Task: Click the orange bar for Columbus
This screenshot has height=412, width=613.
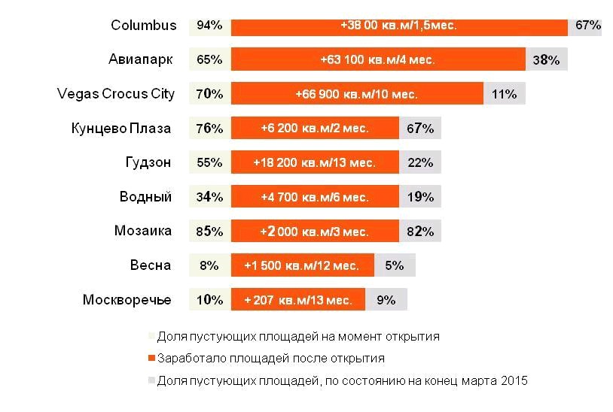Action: click(399, 25)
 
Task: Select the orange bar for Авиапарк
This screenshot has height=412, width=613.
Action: click(378, 59)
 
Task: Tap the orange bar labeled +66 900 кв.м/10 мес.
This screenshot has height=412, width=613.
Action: click(357, 94)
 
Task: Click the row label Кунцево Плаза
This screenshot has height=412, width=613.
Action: click(120, 128)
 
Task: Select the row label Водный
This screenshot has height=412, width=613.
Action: click(145, 197)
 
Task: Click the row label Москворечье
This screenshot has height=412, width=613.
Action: click(127, 300)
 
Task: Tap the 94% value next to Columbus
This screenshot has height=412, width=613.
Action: click(209, 25)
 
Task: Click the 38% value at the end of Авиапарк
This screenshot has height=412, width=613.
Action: click(546, 59)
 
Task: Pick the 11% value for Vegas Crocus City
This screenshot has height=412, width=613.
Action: click(504, 94)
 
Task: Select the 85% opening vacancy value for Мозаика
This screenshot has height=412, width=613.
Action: click(209, 232)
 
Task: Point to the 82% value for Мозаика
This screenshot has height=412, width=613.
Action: click(420, 232)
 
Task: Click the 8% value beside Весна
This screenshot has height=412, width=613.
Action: click(209, 265)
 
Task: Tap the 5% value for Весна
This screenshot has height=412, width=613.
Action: click(395, 265)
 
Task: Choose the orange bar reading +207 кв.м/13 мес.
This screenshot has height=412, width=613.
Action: click(298, 300)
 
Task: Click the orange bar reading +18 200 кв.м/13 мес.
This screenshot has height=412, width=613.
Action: click(315, 162)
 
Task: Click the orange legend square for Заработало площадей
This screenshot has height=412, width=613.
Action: click(151, 359)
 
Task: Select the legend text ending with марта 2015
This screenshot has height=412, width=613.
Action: click(342, 380)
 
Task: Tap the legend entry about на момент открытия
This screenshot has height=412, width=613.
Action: click(297, 337)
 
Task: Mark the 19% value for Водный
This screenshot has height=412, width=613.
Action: click(420, 197)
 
